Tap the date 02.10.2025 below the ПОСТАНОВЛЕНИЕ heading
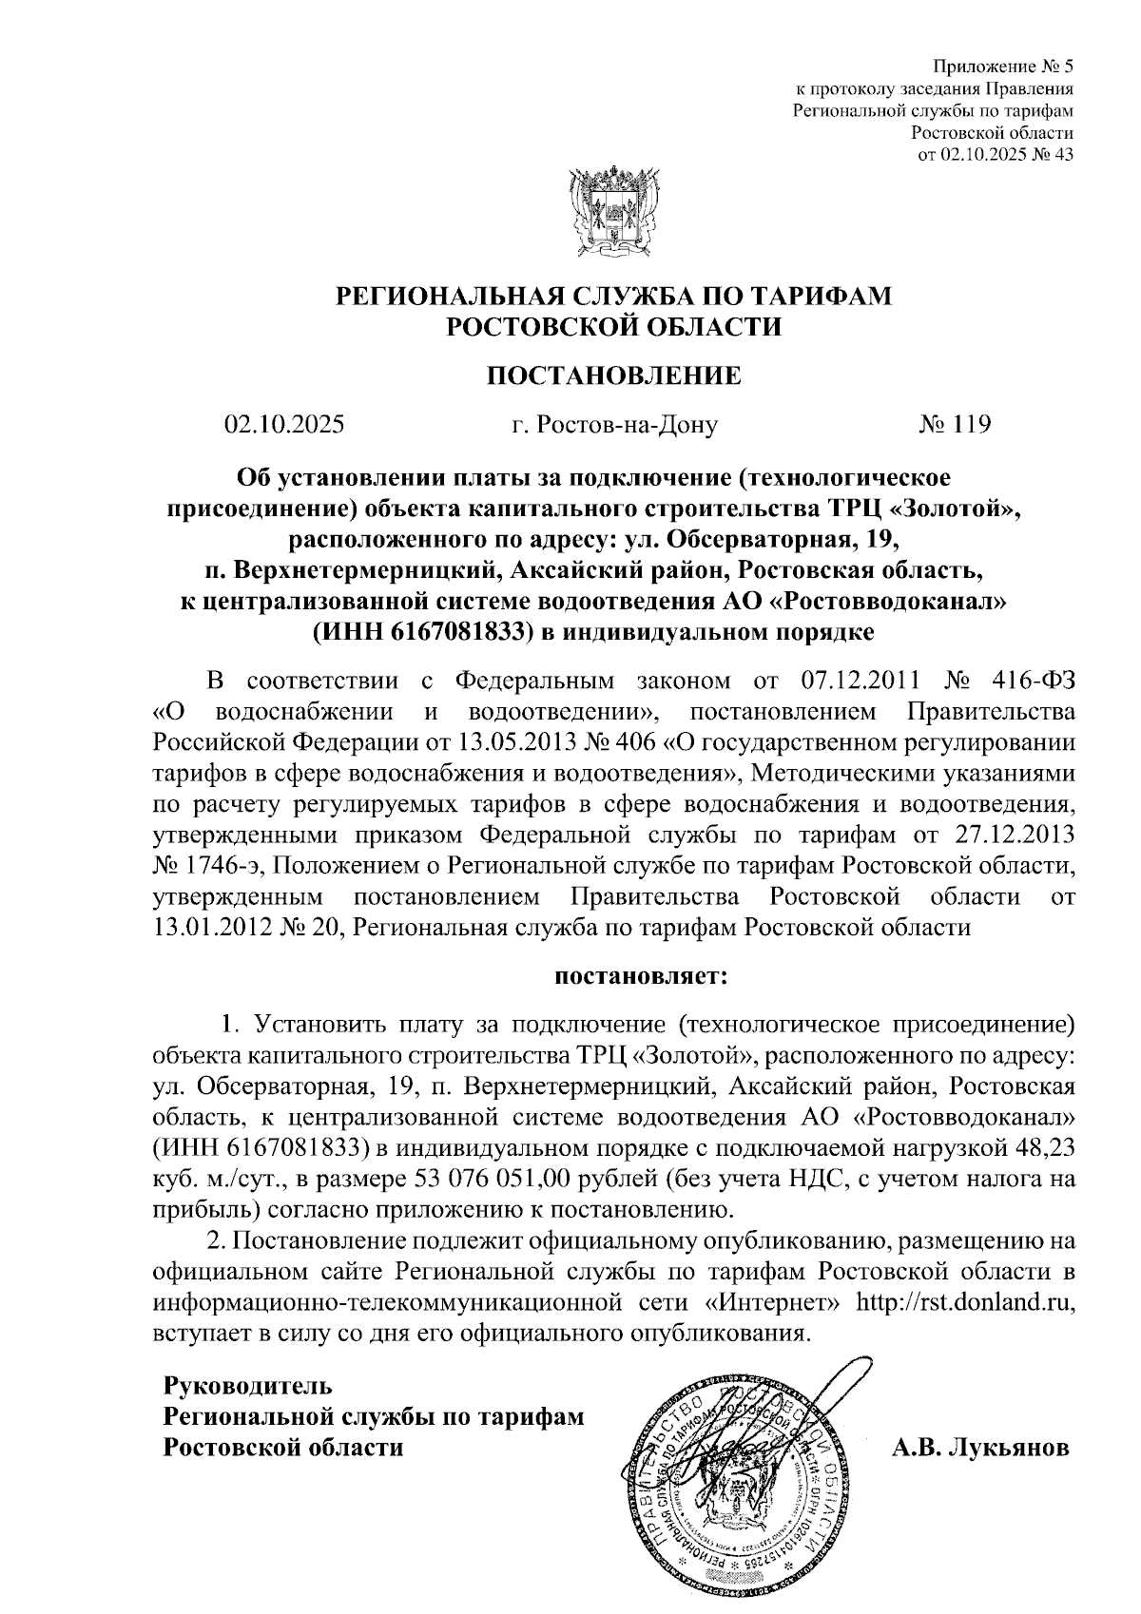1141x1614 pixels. pos(283,424)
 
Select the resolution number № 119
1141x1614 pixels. pos(955,424)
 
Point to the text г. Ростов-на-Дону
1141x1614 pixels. pos(613,424)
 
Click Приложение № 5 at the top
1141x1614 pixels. pos(1003,67)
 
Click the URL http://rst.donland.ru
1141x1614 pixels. pos(966,1301)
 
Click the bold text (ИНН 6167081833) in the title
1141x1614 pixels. pos(427,630)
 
